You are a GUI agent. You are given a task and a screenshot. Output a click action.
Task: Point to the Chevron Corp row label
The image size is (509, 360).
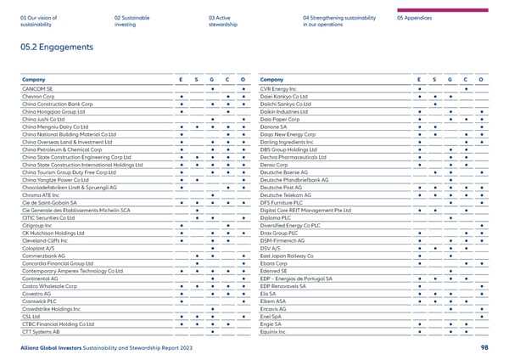click(40, 96)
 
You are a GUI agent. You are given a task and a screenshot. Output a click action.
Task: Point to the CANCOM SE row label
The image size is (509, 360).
click(37, 88)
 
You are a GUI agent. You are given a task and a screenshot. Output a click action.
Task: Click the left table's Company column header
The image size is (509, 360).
click(35, 79)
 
